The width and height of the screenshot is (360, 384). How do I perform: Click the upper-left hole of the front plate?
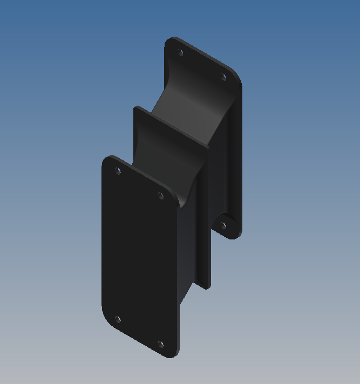pyautogui.click(x=118, y=171)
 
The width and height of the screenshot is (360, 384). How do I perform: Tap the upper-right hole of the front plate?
pyautogui.click(x=160, y=195)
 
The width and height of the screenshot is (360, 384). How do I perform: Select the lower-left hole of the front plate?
pyautogui.click(x=118, y=319)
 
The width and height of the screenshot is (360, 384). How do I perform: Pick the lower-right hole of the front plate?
pyautogui.click(x=160, y=343)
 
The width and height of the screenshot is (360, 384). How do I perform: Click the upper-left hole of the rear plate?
pyautogui.click(x=181, y=52)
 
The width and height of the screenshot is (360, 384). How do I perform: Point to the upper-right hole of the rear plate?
pyautogui.click(x=223, y=77)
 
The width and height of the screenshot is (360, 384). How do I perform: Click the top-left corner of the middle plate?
pyautogui.click(x=136, y=108)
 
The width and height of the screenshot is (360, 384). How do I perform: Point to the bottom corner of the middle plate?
pyautogui.click(x=207, y=287)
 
